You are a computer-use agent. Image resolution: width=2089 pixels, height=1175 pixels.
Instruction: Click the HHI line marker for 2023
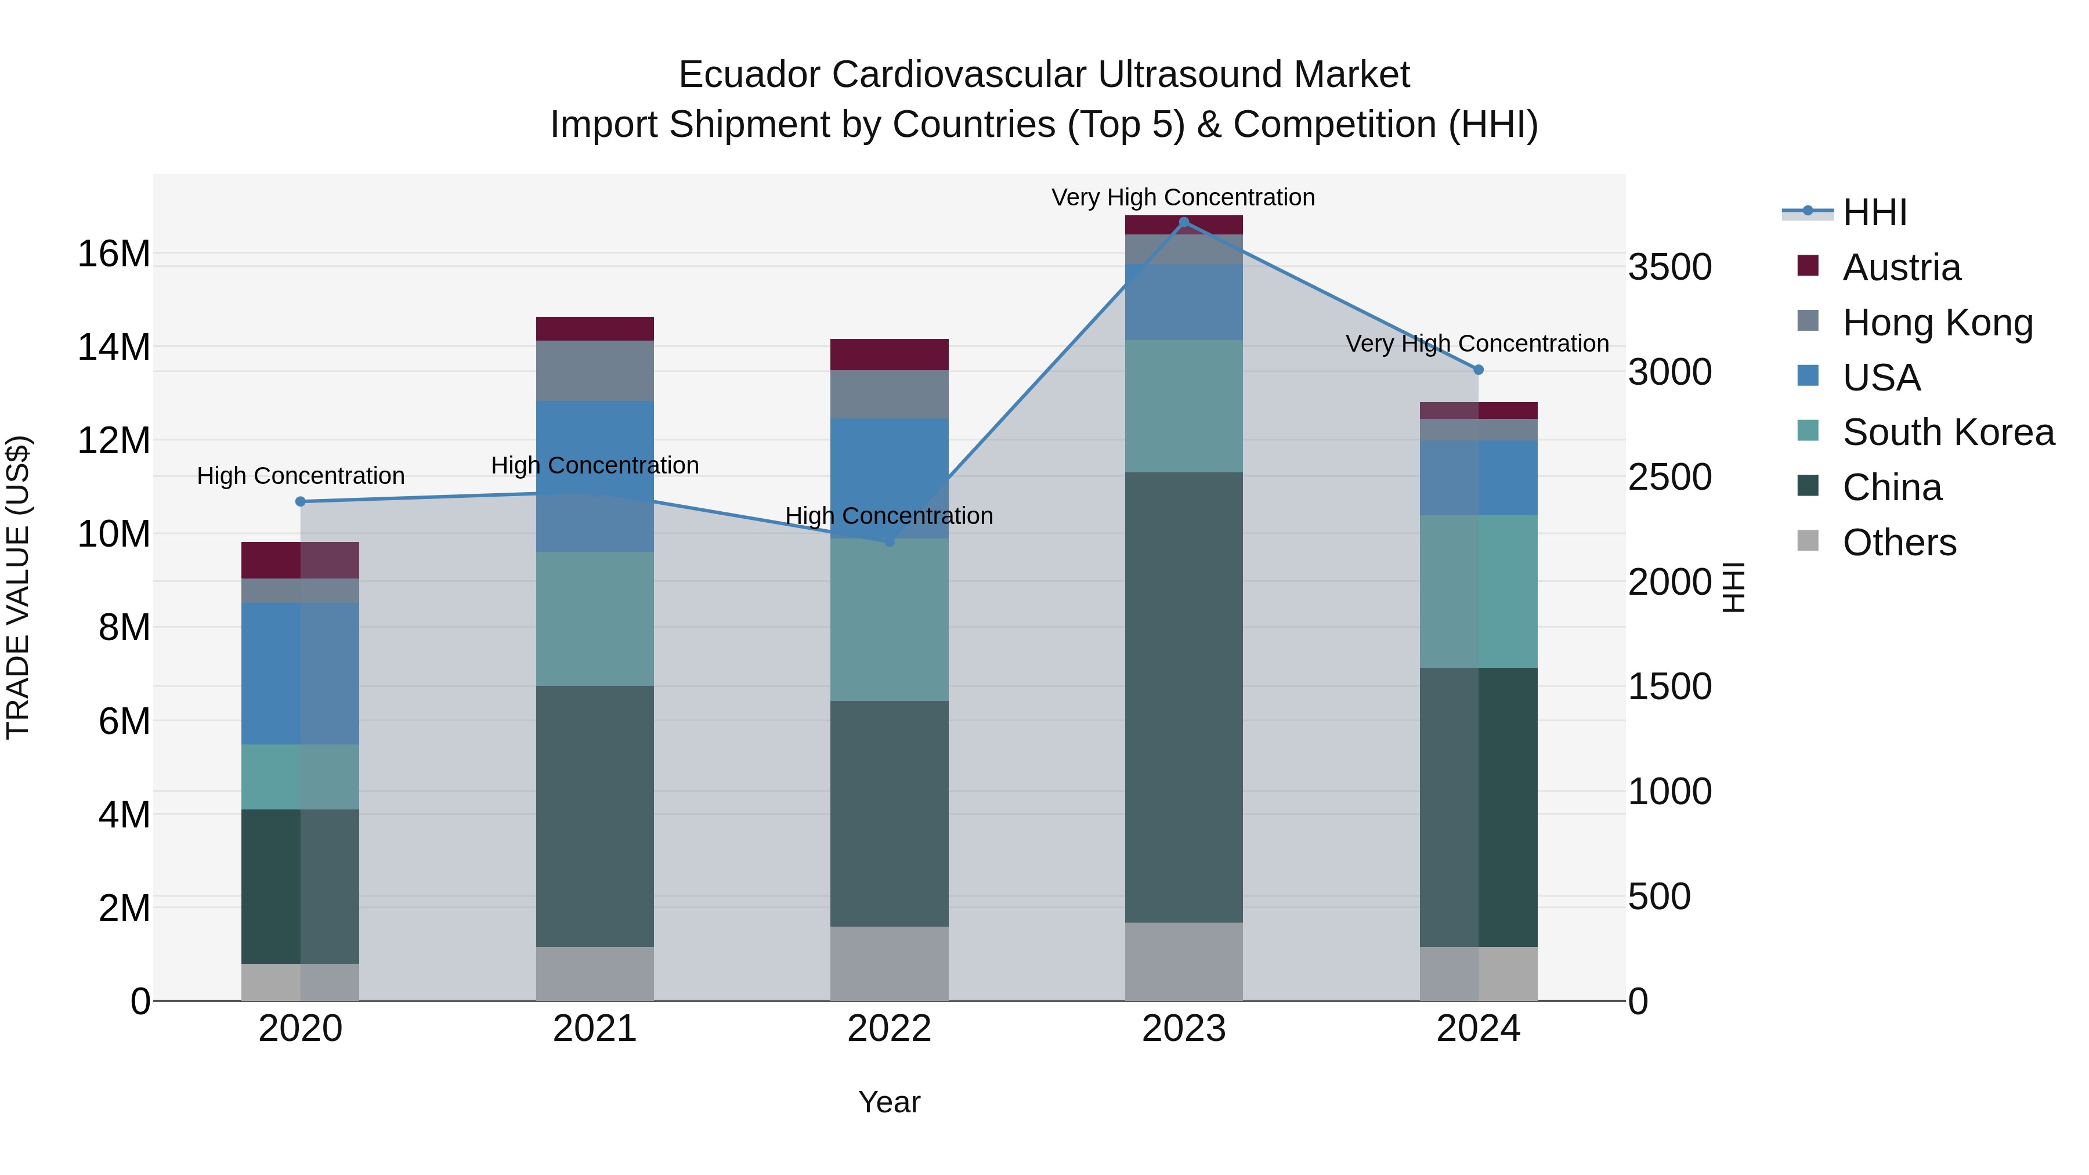[1183, 222]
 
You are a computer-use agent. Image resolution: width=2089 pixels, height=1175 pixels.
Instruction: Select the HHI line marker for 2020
[300, 501]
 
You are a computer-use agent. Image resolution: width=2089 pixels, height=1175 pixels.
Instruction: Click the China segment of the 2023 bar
[1183, 697]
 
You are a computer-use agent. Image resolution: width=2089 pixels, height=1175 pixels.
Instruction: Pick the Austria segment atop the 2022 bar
[889, 355]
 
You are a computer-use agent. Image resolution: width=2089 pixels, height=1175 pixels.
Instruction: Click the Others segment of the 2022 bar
[889, 963]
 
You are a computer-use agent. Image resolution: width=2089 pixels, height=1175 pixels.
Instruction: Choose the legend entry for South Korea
[1948, 432]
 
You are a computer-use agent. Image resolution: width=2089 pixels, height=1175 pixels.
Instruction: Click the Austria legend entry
[1901, 267]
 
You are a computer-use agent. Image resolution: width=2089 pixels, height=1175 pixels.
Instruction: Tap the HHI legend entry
[1874, 212]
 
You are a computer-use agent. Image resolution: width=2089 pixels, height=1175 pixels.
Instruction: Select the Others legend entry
[1899, 543]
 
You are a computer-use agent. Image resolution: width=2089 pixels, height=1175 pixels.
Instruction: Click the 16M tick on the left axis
[114, 254]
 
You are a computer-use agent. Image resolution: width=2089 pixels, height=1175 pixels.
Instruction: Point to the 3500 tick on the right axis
[1669, 267]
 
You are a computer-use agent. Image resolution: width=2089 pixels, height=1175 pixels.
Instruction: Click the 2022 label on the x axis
[889, 1029]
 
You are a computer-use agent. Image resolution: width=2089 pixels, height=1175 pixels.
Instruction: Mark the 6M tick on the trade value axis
[124, 721]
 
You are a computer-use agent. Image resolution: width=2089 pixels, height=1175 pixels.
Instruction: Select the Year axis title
[889, 1102]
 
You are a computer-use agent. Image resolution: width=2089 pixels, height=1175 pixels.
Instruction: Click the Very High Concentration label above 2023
[1183, 197]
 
